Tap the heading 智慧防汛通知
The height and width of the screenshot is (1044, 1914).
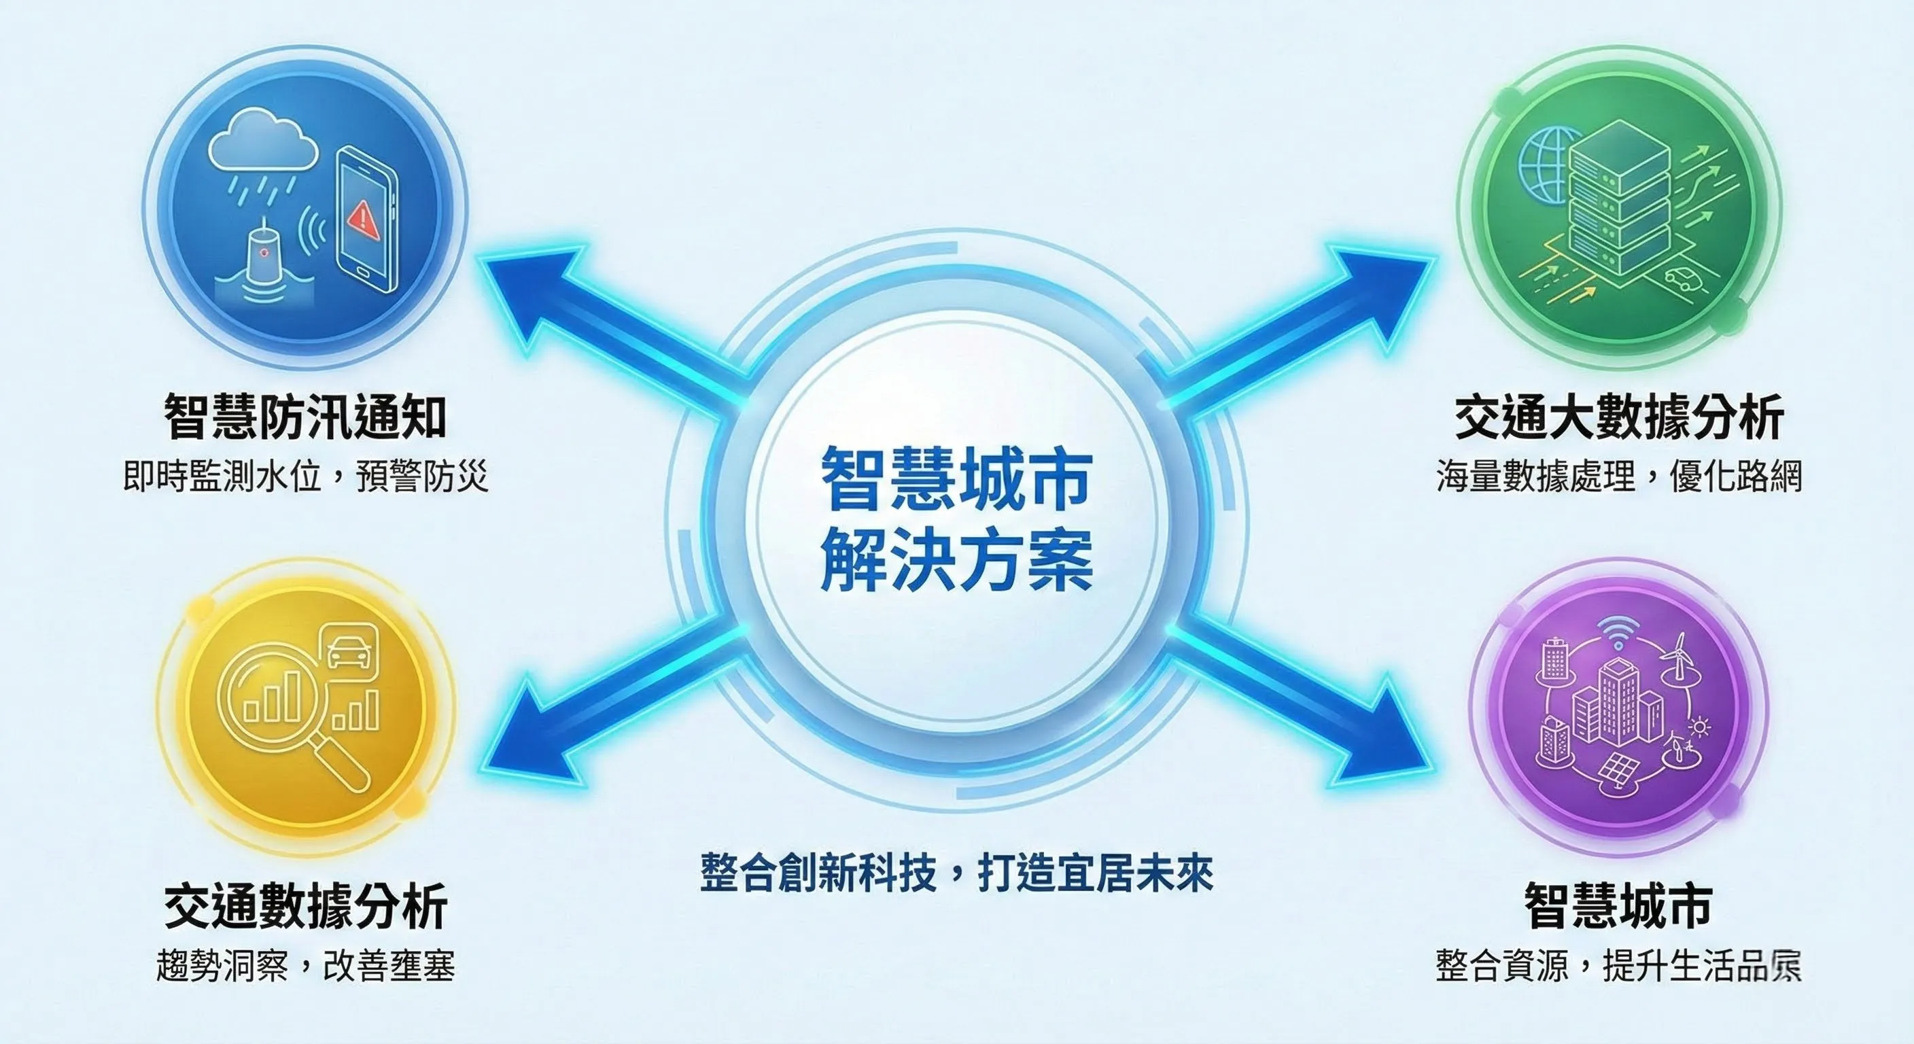[x=305, y=417]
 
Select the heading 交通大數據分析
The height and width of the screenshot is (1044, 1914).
[x=1618, y=417]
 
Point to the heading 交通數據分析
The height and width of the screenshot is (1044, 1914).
[x=305, y=906]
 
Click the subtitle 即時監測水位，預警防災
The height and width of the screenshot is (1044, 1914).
[x=305, y=476]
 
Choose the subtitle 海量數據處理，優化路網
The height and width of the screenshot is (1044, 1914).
[x=1618, y=476]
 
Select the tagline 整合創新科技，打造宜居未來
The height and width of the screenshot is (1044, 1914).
[x=956, y=872]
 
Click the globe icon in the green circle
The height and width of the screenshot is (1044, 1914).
[x=1548, y=167]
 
